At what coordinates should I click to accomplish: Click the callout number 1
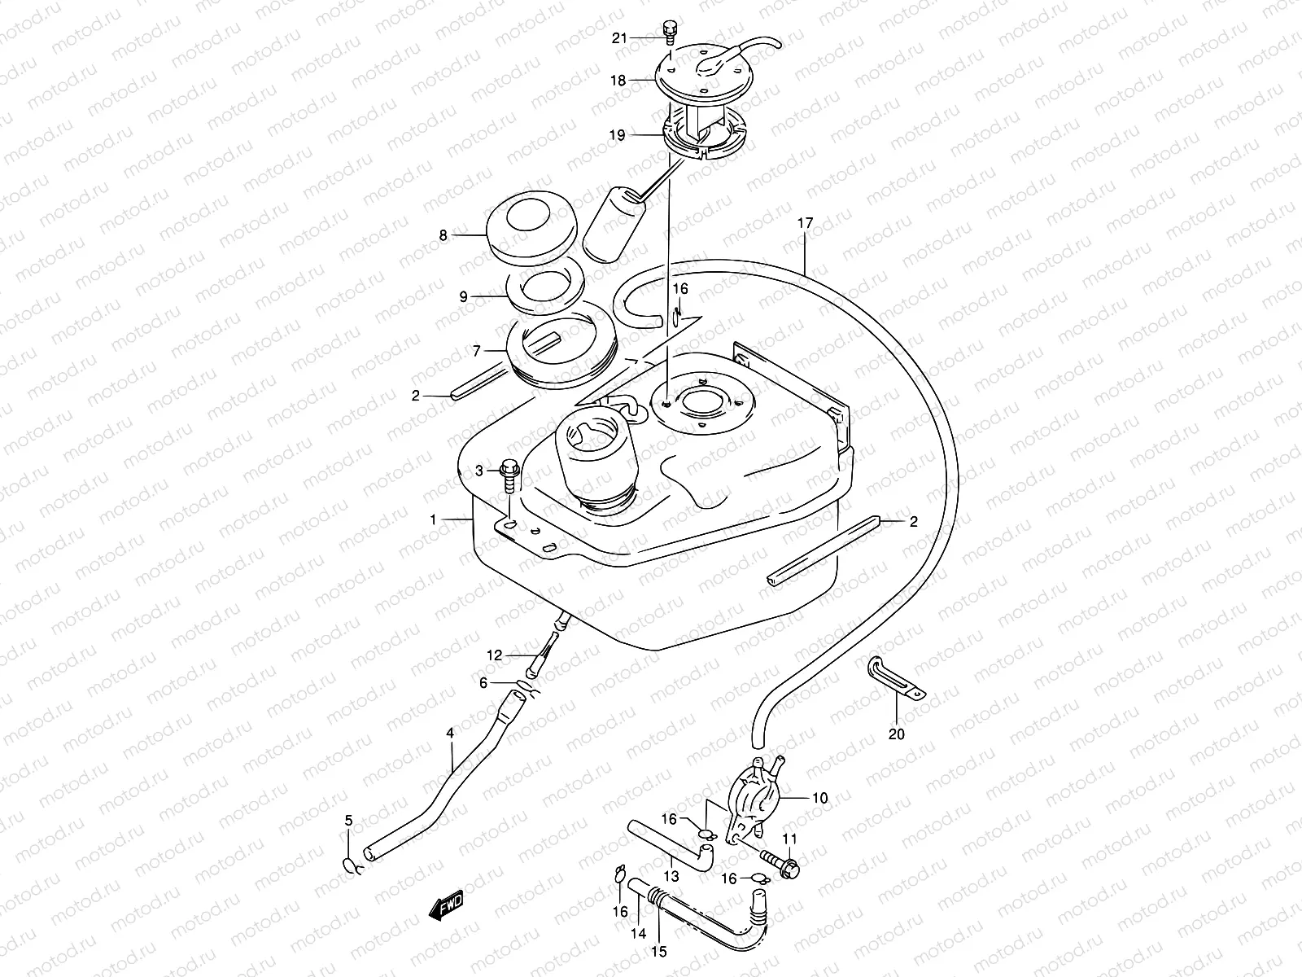[434, 519]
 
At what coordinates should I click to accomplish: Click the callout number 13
[671, 877]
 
